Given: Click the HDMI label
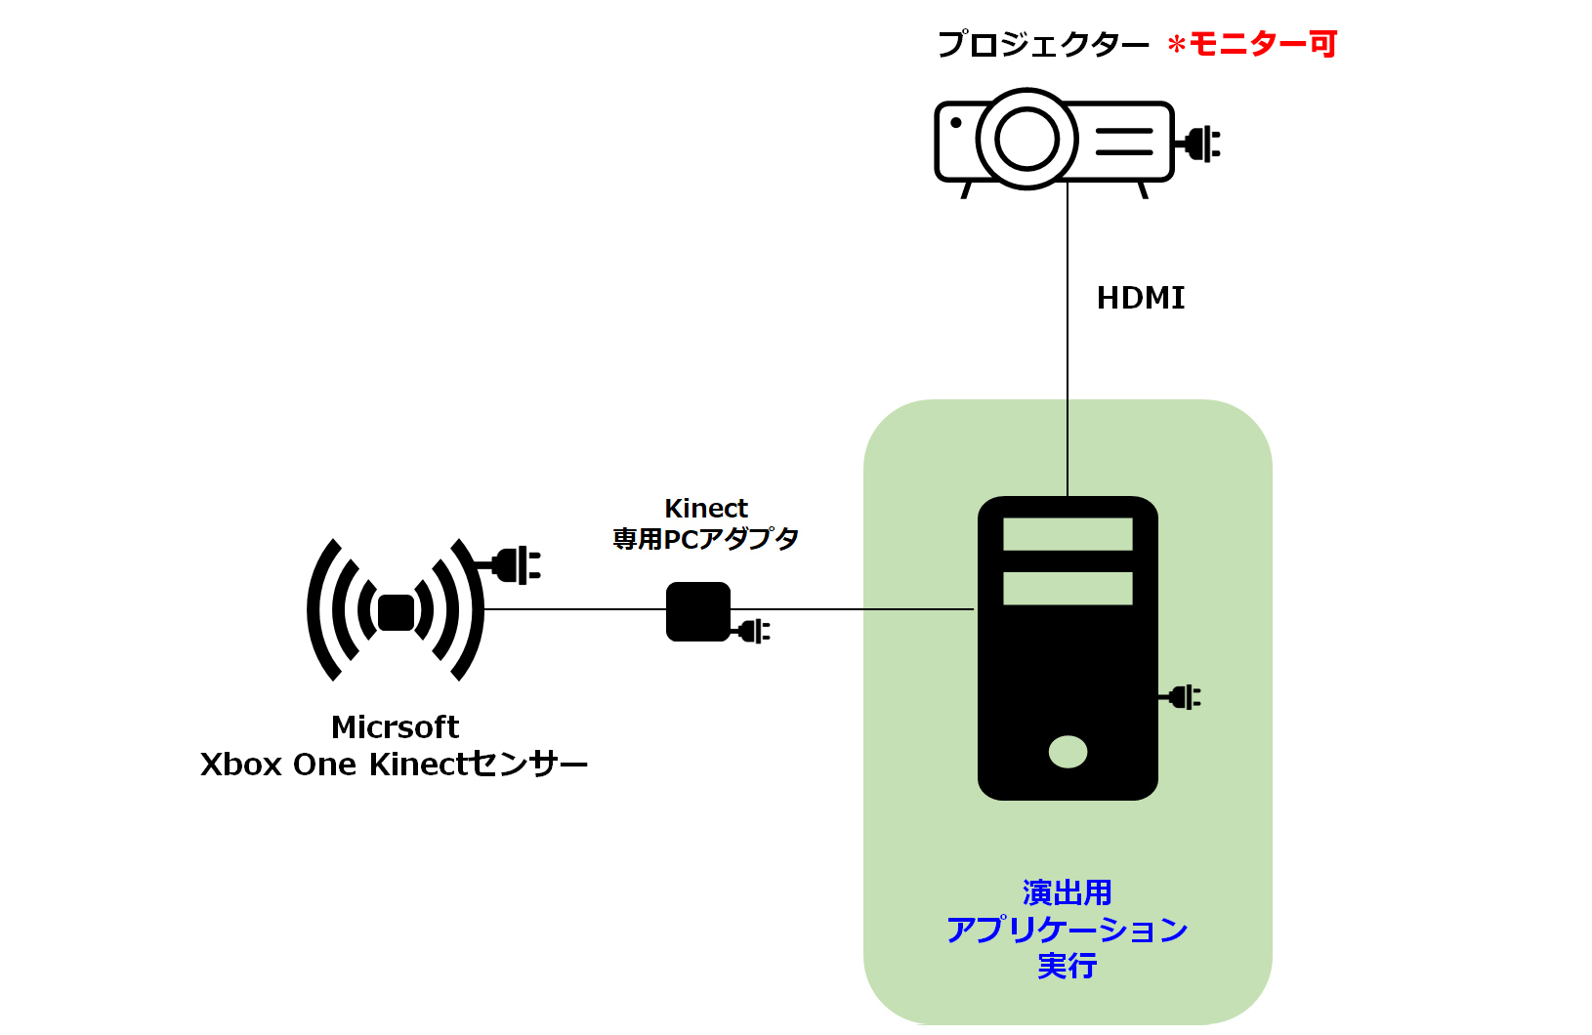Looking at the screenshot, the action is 1140,298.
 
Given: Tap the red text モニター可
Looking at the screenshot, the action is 1262,44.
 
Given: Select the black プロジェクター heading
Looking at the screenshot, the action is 1043,44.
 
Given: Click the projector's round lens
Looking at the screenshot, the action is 1026,139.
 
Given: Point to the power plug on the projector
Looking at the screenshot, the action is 1199,145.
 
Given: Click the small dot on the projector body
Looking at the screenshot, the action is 956,123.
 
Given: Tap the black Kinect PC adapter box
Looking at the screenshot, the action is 698,611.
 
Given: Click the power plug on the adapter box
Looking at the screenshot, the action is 752,631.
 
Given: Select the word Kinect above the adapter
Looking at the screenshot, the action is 706,509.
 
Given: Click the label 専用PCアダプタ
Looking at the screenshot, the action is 706,539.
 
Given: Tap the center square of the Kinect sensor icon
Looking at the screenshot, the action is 396,612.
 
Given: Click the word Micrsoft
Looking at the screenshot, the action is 396,727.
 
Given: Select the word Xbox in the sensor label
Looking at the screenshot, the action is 241,766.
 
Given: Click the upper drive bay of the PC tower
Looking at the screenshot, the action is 1068,534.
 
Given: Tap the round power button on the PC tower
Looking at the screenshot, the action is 1068,752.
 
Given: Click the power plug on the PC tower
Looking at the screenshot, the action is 1181,697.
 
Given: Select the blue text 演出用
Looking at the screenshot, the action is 1067,892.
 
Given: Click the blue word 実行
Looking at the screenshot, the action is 1067,966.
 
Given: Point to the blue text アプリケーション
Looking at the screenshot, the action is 1067,930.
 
